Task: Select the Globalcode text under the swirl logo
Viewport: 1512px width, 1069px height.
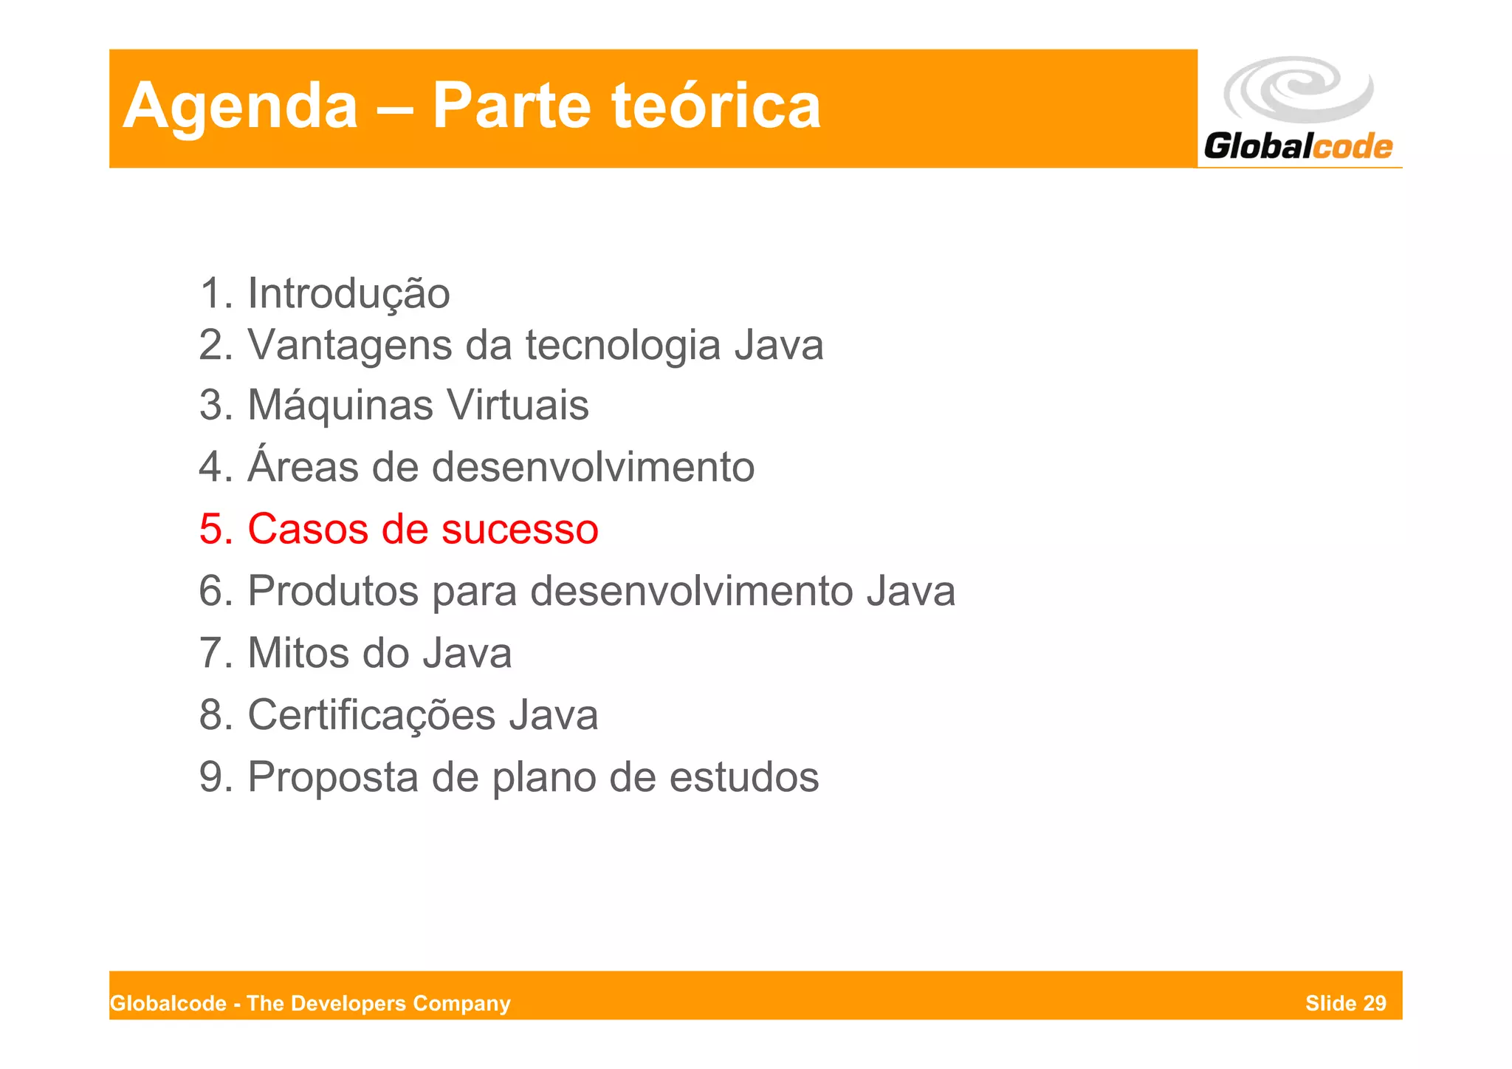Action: [1298, 146]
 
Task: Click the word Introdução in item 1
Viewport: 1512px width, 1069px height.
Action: [348, 294]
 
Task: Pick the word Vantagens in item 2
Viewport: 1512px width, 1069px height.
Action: [348, 346]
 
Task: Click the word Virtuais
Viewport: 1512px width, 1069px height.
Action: [518, 406]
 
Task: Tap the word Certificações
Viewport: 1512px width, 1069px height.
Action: [371, 715]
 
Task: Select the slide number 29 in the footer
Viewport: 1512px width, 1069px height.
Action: [1375, 1003]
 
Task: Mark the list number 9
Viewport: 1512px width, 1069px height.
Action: [213, 777]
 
